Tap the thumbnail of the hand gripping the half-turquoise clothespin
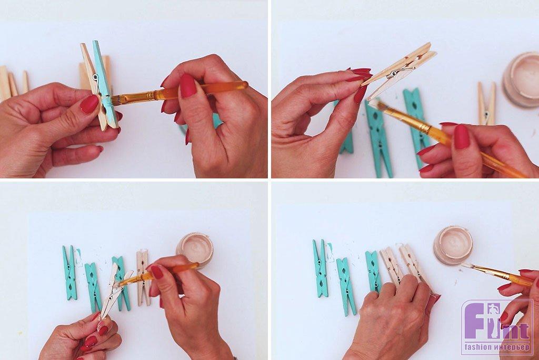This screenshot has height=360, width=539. click(89, 104)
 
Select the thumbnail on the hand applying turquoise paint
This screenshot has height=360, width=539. click(188, 85)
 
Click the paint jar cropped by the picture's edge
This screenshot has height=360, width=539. click(521, 79)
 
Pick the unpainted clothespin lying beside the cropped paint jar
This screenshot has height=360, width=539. click(486, 103)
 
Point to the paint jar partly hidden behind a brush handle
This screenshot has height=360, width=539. click(195, 250)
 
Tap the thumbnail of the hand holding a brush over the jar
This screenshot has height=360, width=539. click(157, 272)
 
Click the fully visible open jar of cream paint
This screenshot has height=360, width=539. click(453, 241)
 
